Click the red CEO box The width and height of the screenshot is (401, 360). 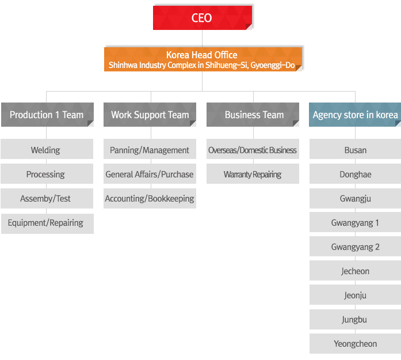tap(203, 18)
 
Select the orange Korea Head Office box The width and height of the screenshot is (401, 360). tap(203, 59)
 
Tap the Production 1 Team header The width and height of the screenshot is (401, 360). tap(47, 115)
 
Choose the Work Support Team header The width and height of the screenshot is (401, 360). tap(150, 115)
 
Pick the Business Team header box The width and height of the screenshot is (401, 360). tap(253, 115)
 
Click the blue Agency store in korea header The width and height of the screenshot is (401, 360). tap(355, 115)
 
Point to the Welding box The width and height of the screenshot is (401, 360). tap(47, 149)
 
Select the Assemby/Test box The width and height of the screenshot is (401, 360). tap(47, 199)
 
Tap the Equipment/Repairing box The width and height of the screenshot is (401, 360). tap(47, 223)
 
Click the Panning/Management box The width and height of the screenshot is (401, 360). tap(150, 149)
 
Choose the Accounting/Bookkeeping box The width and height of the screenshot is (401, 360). tap(150, 199)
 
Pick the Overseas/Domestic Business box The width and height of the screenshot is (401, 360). tap(253, 149)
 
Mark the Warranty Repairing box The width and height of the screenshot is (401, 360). tap(253, 173)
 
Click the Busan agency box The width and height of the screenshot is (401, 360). tap(355, 149)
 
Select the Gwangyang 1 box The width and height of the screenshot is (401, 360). tap(355, 222)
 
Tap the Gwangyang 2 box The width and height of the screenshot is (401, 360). tap(355, 247)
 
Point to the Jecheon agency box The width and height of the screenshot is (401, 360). tap(355, 270)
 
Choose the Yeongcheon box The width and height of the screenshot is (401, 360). tap(355, 344)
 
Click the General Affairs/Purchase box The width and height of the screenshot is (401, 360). tap(150, 173)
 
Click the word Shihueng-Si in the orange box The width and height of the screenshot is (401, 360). tap(227, 65)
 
